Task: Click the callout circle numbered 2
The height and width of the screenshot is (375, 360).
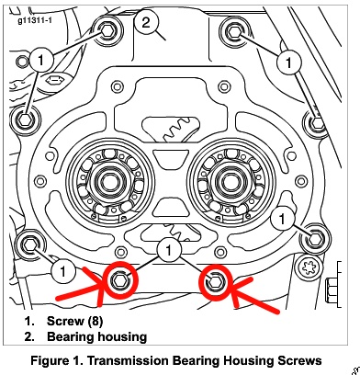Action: [146, 22]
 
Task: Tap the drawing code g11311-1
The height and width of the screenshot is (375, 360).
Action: [35, 20]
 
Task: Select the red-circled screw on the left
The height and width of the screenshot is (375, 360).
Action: [118, 279]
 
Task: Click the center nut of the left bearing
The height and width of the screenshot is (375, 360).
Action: [108, 182]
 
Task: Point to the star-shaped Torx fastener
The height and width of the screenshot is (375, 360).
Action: [309, 267]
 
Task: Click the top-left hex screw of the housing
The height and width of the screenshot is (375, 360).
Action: [107, 30]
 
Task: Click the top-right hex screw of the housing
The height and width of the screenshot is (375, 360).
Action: [235, 32]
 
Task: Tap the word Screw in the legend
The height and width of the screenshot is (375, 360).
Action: [65, 321]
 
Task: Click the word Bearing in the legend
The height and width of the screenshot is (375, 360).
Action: [70, 336]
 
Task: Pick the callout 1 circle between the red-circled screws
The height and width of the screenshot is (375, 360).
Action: [168, 250]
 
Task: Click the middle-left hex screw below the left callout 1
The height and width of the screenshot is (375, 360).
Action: [24, 119]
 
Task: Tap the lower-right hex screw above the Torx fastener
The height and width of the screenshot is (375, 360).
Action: [315, 239]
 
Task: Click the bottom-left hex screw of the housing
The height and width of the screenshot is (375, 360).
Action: [30, 244]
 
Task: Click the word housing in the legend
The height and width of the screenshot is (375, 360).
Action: [122, 337]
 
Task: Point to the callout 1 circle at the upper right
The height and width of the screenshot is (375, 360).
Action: [289, 62]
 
